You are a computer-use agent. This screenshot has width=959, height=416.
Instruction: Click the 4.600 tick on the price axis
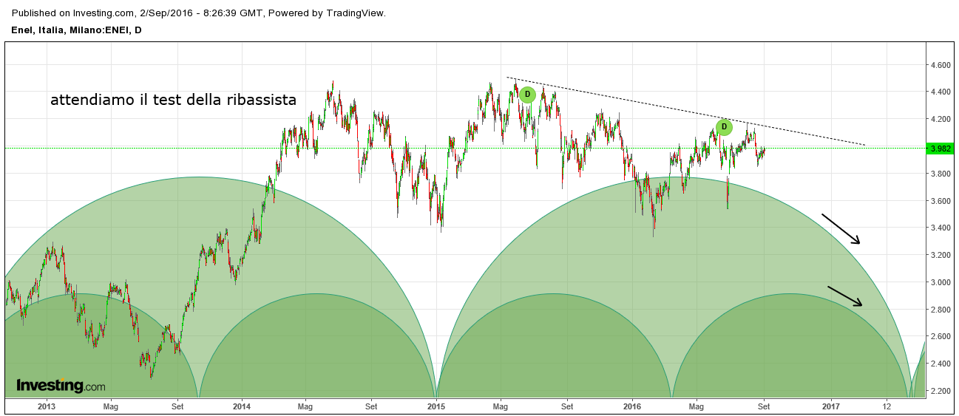tap(941, 65)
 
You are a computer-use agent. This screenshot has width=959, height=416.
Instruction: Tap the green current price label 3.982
tap(942, 149)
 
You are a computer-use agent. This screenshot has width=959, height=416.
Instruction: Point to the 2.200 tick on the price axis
tap(941, 391)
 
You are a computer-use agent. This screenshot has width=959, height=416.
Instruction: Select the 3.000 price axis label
tap(941, 282)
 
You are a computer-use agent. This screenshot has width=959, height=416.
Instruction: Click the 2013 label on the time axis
tap(47, 406)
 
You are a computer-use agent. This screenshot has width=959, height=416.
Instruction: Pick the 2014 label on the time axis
tap(242, 406)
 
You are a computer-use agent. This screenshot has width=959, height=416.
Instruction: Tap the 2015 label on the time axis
tap(437, 406)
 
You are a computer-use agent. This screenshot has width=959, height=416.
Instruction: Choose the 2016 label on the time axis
tap(632, 406)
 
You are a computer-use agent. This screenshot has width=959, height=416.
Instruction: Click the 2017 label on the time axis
tap(831, 406)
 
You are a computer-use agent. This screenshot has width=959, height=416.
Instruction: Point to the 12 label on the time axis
tap(887, 406)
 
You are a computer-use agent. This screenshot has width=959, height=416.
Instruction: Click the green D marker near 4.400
tap(527, 95)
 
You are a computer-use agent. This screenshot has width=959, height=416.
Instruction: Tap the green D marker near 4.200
tap(725, 127)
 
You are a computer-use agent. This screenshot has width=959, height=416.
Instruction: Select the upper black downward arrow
tap(841, 228)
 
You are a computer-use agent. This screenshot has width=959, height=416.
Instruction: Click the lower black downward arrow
tap(844, 296)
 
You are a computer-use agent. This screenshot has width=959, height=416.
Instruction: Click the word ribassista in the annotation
tap(261, 100)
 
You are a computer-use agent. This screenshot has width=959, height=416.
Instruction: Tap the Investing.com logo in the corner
tap(61, 386)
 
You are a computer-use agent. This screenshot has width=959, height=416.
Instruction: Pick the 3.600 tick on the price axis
tap(941, 201)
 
